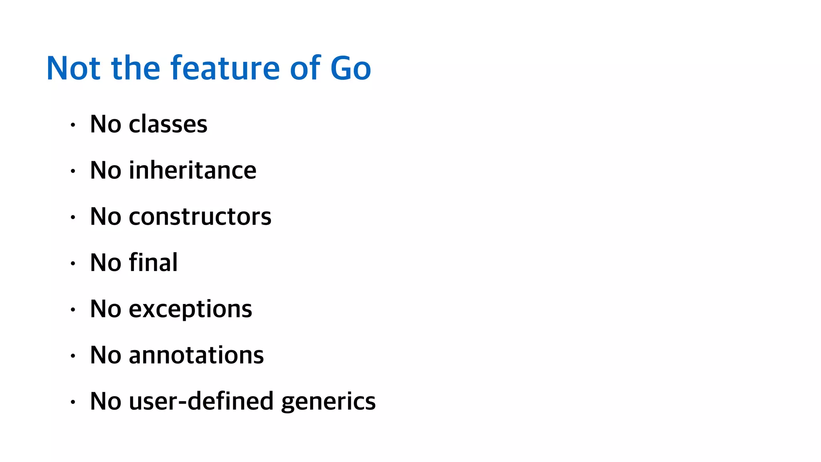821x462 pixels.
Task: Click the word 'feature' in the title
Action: (225, 68)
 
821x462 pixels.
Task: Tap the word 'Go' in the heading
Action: (351, 69)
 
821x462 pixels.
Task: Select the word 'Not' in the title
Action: (73, 69)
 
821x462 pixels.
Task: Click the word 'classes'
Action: (168, 124)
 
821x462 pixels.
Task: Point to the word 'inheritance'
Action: (192, 170)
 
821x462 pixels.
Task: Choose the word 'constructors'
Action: (200, 217)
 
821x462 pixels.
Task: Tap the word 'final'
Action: (153, 263)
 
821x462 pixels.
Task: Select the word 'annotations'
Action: (196, 355)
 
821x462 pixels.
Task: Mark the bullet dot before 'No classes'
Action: (73, 125)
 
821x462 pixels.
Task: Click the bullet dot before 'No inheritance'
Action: (73, 171)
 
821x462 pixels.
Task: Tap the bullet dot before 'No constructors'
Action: (73, 217)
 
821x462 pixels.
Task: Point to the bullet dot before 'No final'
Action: (73, 263)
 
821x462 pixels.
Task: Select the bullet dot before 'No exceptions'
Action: (73, 310)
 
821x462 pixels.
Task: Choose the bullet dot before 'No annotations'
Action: (73, 356)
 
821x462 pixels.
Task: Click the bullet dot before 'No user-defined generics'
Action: (73, 402)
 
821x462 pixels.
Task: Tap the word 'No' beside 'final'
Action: (105, 263)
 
